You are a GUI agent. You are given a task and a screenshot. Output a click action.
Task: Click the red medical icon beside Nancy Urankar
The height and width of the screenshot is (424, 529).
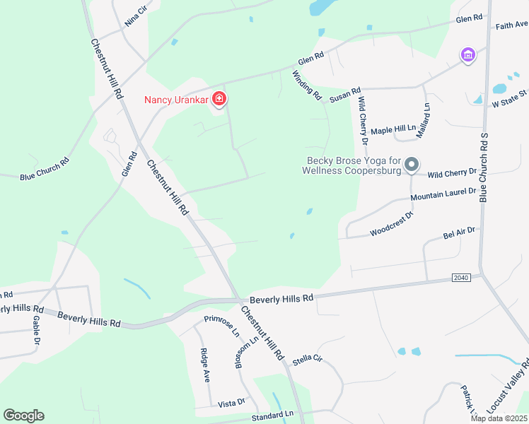pos(219,99)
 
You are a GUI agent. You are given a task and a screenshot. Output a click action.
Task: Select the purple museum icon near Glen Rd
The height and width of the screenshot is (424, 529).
pos(467,54)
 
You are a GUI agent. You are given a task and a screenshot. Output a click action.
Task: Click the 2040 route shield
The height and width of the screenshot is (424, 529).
pos(461,278)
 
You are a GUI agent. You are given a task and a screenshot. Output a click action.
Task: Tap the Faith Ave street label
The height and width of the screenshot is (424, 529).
pos(511,25)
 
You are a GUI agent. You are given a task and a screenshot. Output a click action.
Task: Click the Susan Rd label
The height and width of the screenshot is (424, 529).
pos(345,93)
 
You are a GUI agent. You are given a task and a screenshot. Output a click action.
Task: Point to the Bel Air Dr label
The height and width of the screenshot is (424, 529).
pos(459,231)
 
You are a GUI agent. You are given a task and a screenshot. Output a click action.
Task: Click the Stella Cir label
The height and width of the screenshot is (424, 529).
pos(307,360)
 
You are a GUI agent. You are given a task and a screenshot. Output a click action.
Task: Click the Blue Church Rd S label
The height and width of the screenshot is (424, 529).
pos(484,167)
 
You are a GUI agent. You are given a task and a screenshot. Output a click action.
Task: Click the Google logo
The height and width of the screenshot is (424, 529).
pos(23,416)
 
